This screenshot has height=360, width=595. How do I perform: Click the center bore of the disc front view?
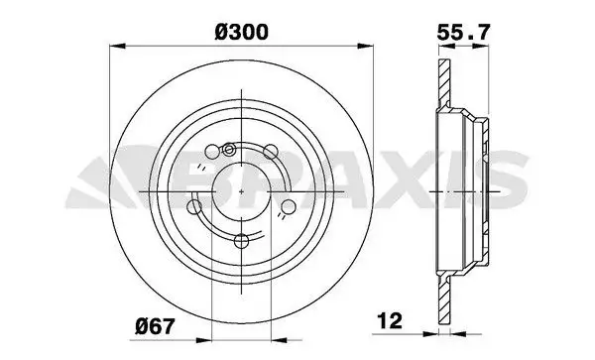pos(243,190)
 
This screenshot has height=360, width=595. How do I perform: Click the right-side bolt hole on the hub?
pos(289,206)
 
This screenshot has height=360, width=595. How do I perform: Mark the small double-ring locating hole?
pos(230,150)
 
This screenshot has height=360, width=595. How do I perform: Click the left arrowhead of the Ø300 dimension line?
pos(115,45)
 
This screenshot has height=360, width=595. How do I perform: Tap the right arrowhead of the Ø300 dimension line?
pos(371,45)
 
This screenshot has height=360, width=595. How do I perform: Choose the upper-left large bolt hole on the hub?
pos(211,154)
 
